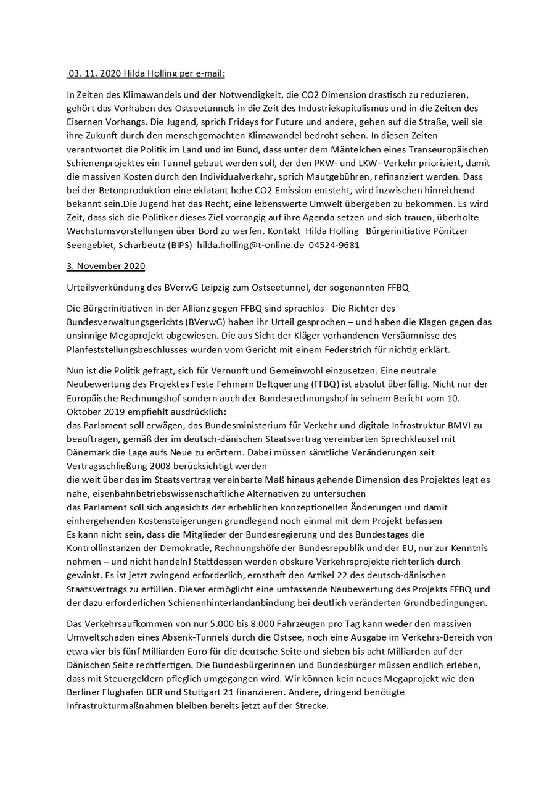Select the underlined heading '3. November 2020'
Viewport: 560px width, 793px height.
[105, 266]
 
